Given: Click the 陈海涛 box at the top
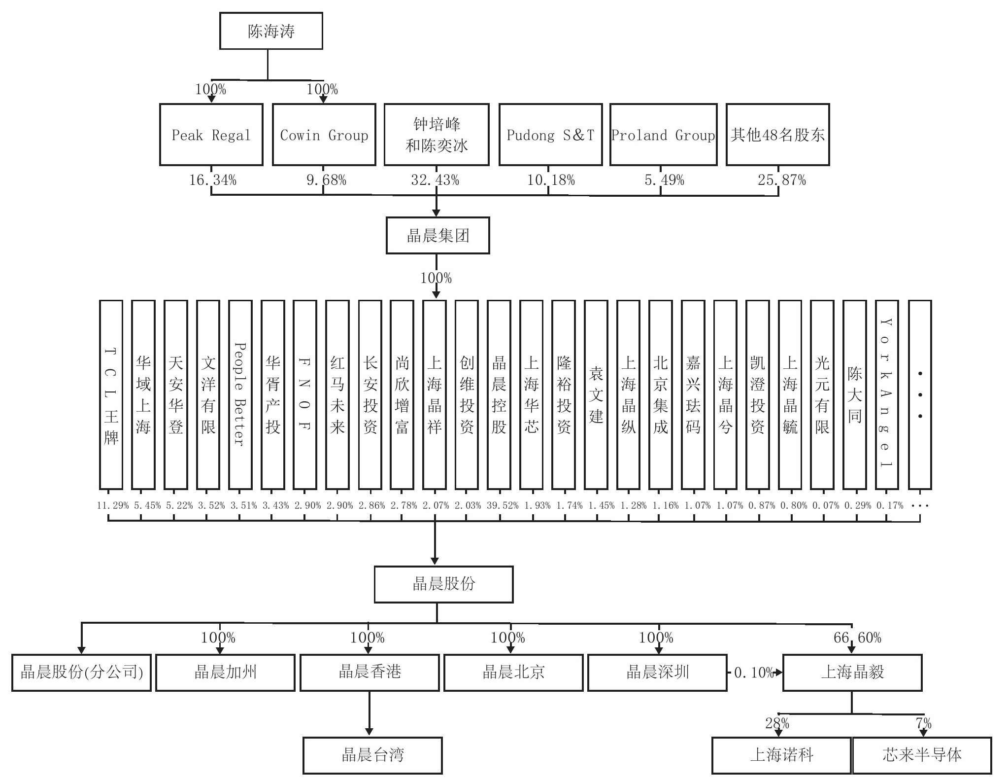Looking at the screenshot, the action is [271, 31].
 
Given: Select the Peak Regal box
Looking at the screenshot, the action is [211, 135].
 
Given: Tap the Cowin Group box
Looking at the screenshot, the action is [324, 135].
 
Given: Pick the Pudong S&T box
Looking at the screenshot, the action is [550, 135].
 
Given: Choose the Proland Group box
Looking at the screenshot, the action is [663, 135].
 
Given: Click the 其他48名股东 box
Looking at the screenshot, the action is [778, 135].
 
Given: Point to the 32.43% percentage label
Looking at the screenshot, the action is [435, 180].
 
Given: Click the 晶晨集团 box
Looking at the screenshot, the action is [437, 236].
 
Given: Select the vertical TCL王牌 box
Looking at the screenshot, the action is [111, 394].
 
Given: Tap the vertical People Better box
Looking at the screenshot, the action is [240, 394].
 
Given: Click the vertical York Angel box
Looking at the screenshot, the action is [887, 394].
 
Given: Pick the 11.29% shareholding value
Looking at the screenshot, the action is [113, 505].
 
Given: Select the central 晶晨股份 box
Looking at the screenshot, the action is [443, 584].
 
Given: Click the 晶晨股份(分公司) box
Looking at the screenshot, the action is [81, 673].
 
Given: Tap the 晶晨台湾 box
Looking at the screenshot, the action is [372, 755].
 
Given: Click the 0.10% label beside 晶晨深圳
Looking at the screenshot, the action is [753, 673].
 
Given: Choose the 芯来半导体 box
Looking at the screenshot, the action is [922, 755].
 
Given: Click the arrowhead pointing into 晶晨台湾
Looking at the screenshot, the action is [369, 732].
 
